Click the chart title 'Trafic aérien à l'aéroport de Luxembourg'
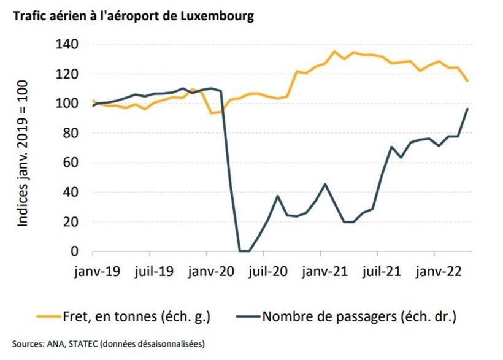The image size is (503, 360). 129,17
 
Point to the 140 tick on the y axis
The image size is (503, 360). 67,45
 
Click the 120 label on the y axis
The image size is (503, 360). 67,74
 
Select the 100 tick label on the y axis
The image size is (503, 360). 67,104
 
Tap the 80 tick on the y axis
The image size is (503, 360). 71,133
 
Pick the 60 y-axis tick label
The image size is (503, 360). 71,163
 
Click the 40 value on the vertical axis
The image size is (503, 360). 71,192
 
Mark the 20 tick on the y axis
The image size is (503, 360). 71,221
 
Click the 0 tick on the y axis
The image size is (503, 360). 74,251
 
